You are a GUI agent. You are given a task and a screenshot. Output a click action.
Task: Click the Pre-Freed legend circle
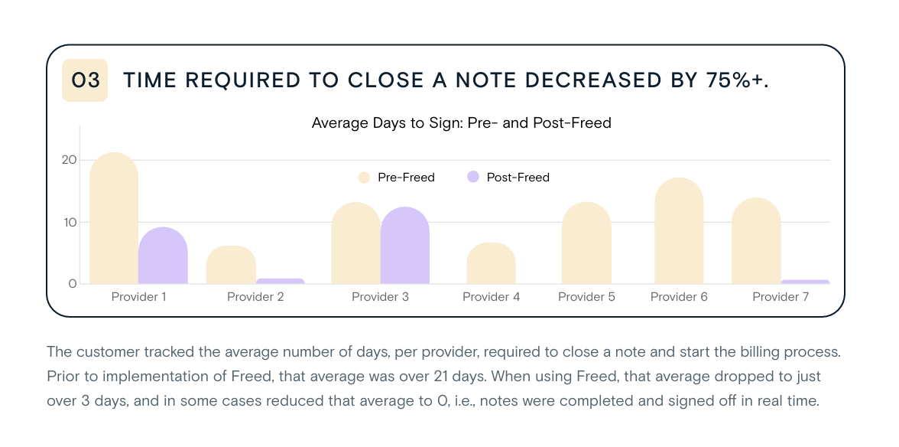coord(364,178)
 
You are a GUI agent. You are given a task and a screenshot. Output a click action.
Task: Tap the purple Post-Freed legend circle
coord(472,178)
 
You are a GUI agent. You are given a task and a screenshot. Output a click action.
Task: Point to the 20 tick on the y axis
coord(70,160)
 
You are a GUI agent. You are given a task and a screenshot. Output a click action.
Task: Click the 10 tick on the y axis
coord(70,222)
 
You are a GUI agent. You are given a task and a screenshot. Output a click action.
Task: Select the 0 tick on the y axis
coord(73,284)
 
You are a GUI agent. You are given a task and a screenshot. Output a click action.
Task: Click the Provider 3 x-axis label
coord(380,297)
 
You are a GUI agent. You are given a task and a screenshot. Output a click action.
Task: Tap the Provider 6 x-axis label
coord(679,297)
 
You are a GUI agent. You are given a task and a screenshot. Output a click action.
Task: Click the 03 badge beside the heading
coord(85,80)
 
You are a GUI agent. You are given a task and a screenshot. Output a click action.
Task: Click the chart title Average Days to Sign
coord(461,122)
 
